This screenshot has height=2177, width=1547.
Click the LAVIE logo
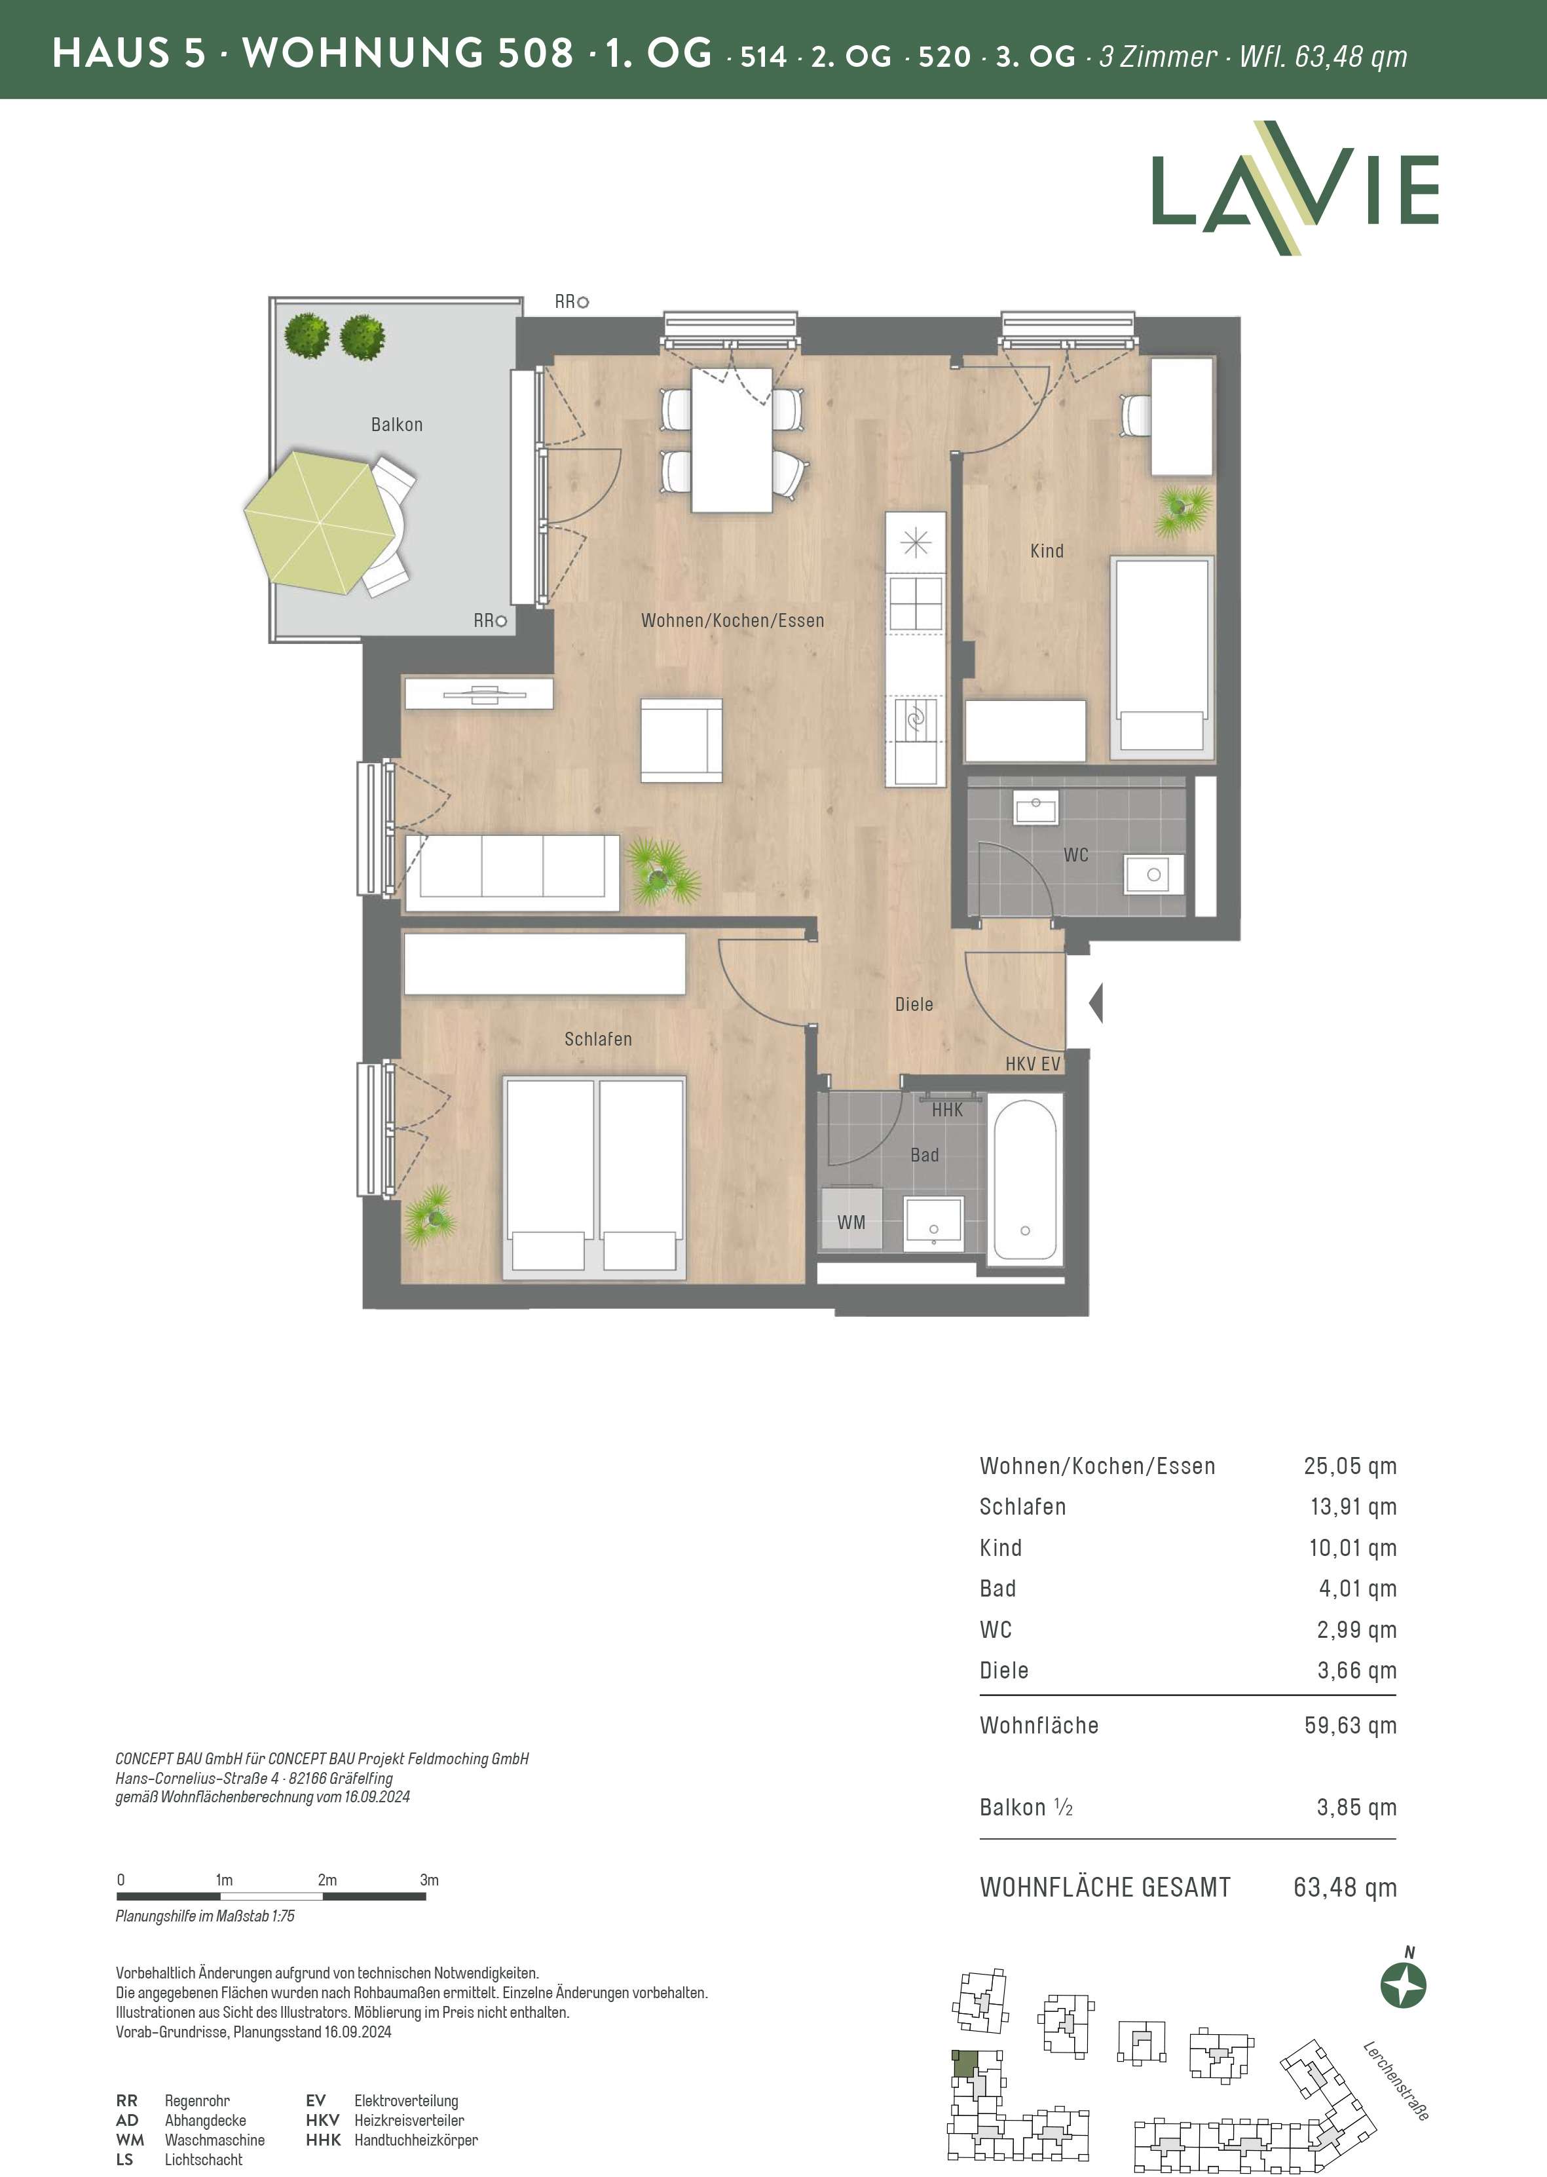tap(1295, 189)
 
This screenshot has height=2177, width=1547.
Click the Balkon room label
tap(396, 425)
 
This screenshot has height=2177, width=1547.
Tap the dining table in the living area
tap(731, 440)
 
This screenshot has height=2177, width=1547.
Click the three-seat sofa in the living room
tap(512, 873)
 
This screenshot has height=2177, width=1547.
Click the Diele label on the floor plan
tap(914, 1004)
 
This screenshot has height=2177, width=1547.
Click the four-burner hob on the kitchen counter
tap(916, 604)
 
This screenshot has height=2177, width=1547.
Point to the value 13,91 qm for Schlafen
tap(1352, 1506)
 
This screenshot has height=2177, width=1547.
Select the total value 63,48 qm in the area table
tap(1345, 1887)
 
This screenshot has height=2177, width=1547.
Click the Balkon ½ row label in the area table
tap(1026, 1808)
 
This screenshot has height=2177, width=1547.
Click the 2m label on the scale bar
tap(327, 1880)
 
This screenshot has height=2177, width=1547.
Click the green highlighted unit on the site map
tap(964, 2064)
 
